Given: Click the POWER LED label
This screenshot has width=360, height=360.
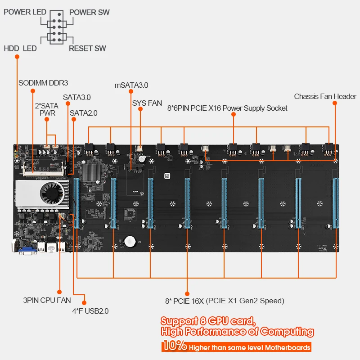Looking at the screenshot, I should (25, 12).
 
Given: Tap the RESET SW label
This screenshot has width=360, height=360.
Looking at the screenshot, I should (87, 48).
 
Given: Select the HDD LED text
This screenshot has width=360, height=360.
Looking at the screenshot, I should (20, 48).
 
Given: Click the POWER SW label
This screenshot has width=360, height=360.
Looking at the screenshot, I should (90, 12).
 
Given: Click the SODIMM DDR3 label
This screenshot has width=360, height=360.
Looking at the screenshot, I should (43, 83).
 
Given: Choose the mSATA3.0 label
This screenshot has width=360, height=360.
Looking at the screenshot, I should (131, 85).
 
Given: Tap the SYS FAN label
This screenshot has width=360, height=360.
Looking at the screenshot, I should (147, 103).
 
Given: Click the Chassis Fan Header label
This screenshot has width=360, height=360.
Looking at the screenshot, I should (325, 96).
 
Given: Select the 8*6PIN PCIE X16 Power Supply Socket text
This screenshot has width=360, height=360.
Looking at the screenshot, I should (227, 108).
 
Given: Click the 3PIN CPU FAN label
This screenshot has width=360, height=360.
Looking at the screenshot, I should (47, 300).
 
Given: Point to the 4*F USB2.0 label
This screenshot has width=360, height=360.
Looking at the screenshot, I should (90, 310).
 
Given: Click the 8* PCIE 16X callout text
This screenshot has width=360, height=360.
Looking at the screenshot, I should (225, 301).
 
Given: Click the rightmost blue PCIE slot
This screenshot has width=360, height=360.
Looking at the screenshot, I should (335, 202).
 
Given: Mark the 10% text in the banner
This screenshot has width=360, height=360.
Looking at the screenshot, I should (174, 346).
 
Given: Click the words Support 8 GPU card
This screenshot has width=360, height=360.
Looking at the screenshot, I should (208, 321).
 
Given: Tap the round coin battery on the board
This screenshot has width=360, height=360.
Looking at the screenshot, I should (131, 242).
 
